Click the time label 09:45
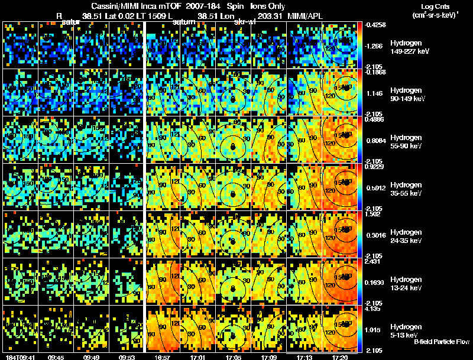[56, 357]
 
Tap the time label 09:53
[128, 357]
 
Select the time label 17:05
[233, 357]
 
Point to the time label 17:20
[341, 357]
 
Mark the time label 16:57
[163, 357]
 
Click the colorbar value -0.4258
[376, 25]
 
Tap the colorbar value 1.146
[376, 93]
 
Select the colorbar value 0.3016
[376, 235]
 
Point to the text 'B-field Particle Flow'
[441, 342]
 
